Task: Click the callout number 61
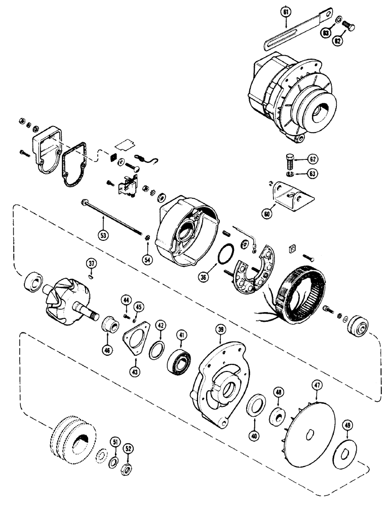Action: click(x=285, y=22)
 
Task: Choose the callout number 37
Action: click(x=91, y=263)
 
